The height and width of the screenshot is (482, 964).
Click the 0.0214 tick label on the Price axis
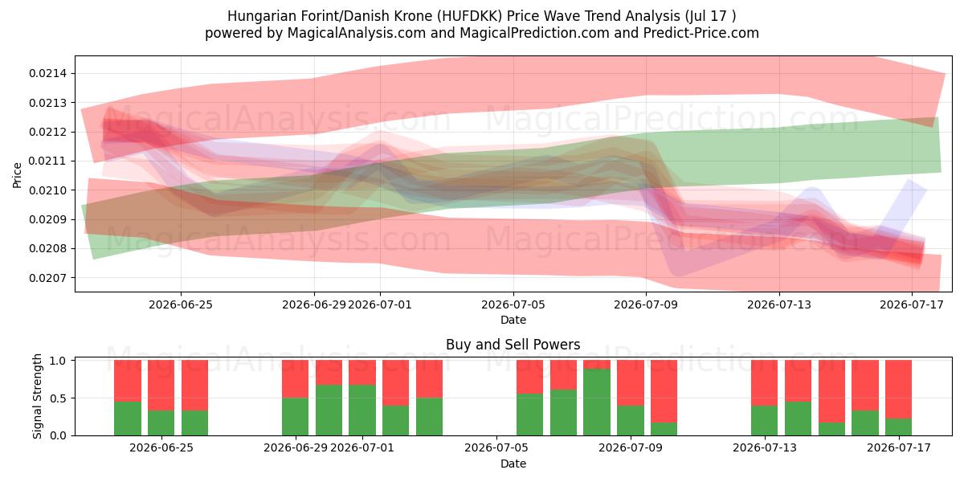pyautogui.click(x=48, y=74)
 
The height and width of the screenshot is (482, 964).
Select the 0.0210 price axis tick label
pyautogui.click(x=48, y=190)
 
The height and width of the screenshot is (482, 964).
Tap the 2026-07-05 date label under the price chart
pyautogui.click(x=513, y=304)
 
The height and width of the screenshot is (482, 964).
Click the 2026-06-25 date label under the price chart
pyautogui.click(x=181, y=304)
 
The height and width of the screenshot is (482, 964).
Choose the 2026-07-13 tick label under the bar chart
pyautogui.click(x=765, y=448)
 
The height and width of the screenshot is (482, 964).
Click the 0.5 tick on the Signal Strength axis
pyautogui.click(x=58, y=398)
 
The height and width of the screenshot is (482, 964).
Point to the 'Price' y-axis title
pyautogui.click(x=17, y=175)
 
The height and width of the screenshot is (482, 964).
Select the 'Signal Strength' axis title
pyautogui.click(x=38, y=396)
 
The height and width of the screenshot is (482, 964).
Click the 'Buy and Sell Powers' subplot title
pyautogui.click(x=513, y=345)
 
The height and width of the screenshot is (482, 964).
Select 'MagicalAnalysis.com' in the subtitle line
pyautogui.click(x=357, y=33)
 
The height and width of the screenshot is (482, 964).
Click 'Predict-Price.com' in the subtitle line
pyautogui.click(x=701, y=33)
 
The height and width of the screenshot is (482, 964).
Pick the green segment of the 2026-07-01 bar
pyautogui.click(x=362, y=411)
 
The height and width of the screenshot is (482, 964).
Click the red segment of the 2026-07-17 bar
pyautogui.click(x=899, y=390)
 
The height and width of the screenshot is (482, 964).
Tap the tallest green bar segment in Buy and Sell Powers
pyautogui.click(x=597, y=402)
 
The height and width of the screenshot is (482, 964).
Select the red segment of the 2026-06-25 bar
pyautogui.click(x=161, y=385)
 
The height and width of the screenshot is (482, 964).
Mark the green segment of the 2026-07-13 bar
pyautogui.click(x=764, y=420)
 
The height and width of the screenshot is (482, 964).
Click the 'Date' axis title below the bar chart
pyautogui.click(x=513, y=464)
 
